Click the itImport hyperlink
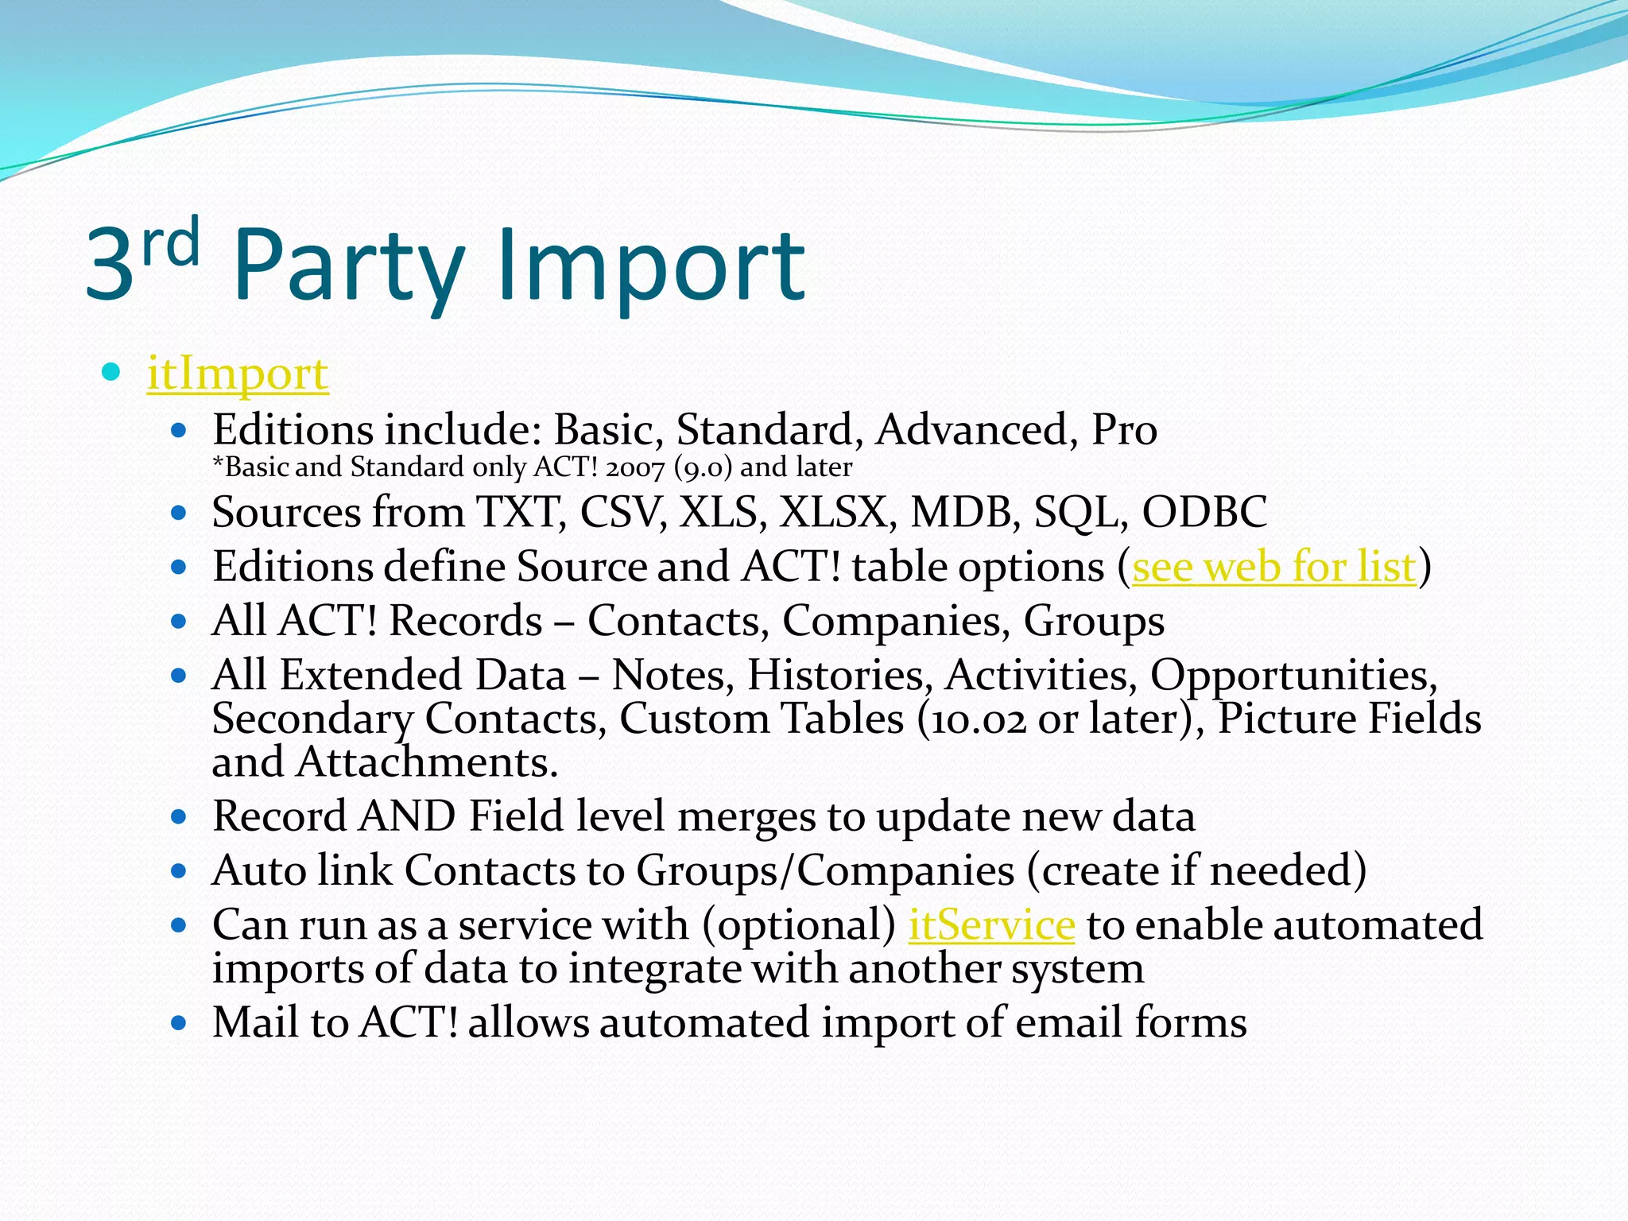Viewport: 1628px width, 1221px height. click(238, 374)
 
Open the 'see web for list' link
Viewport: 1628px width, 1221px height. click(1273, 567)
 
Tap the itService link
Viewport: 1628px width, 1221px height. click(991, 924)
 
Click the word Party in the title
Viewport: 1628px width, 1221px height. click(348, 266)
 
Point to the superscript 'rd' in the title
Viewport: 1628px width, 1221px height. click(170, 242)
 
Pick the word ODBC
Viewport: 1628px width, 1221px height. click(1204, 512)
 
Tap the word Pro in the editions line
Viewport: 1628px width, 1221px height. click(1124, 430)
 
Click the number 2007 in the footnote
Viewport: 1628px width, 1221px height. click(634, 467)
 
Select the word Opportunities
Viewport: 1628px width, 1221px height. click(1293, 676)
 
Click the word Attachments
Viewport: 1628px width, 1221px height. click(427, 762)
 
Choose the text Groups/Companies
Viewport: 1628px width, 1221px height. click(825, 870)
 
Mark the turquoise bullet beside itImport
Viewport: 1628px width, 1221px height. click(111, 371)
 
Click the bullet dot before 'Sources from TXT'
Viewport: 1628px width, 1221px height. click(179, 513)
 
